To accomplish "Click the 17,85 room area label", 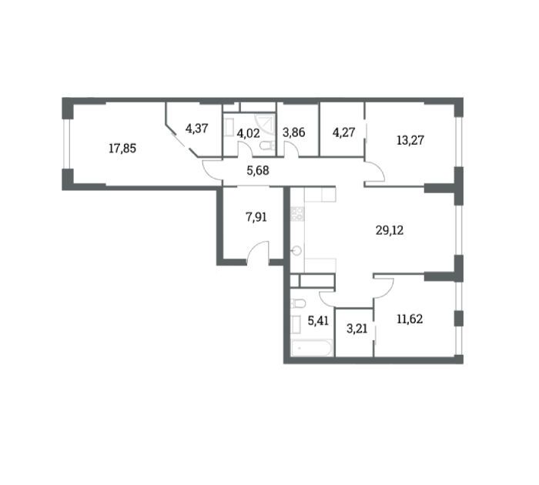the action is click(122, 149).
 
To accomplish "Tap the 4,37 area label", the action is click(196, 129).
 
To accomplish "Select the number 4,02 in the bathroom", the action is click(248, 132).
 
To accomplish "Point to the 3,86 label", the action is click(294, 132).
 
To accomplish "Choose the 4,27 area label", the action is click(343, 132).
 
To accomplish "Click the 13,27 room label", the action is click(410, 140).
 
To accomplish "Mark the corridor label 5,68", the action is click(258, 170).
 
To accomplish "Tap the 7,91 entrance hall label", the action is click(256, 217).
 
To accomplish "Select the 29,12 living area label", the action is click(390, 230).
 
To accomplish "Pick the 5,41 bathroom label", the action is click(318, 321).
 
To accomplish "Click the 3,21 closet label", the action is click(357, 329).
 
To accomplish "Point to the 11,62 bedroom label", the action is click(410, 319).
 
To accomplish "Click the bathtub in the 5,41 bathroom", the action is click(312, 348).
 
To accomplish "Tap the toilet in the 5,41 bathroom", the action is click(298, 304).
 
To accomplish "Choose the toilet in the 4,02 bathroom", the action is click(268, 146).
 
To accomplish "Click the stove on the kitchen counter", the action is click(297, 214).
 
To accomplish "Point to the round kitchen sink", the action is click(296, 251).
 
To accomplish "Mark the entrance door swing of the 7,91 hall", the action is click(257, 253).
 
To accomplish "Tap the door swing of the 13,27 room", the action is click(375, 171).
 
